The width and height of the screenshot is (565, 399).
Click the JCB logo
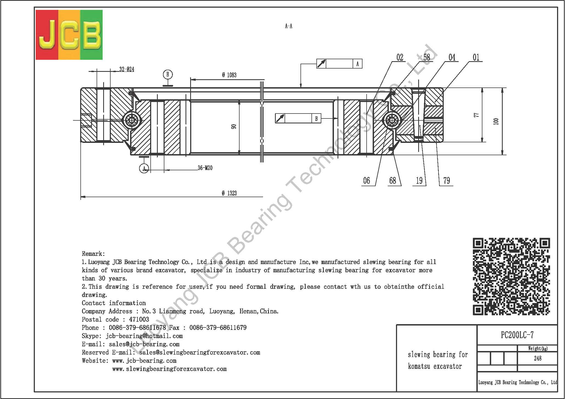(69, 35)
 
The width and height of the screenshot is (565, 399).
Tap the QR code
(511, 276)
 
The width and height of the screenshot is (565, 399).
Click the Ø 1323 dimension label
(229, 193)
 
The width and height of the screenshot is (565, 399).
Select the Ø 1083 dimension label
(229, 75)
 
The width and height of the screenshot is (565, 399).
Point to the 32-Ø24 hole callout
(127, 69)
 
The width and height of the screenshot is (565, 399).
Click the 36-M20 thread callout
(205, 168)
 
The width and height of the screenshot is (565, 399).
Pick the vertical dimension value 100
(496, 121)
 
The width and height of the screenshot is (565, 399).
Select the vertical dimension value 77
(477, 115)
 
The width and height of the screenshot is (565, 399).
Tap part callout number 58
(427, 57)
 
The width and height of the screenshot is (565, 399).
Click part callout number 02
(400, 57)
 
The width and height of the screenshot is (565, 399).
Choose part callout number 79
(447, 180)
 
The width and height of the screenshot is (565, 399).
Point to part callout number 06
(367, 180)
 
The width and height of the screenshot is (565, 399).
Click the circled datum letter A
(144, 168)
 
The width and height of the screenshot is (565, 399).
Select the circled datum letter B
(168, 74)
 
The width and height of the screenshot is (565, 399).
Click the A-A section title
(289, 26)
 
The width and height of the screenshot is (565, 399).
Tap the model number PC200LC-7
(517, 335)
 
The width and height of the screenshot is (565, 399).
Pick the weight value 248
(538, 358)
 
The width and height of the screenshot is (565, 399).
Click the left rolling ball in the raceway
(131, 120)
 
